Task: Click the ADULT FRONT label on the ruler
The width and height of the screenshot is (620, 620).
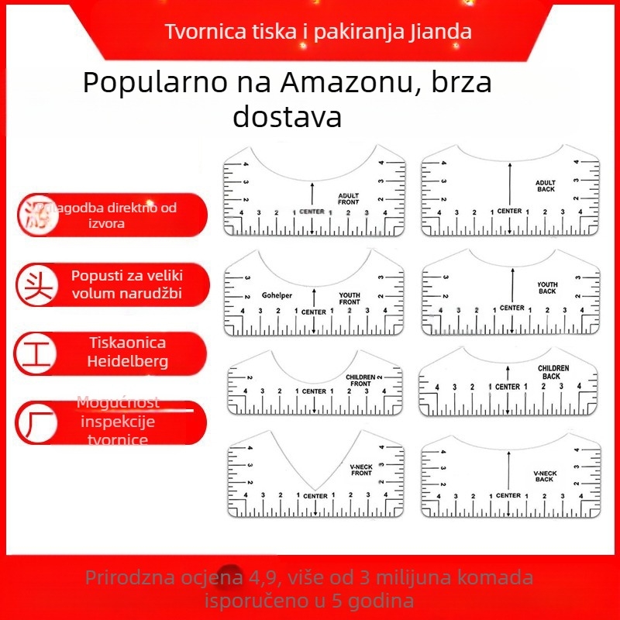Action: (349, 198)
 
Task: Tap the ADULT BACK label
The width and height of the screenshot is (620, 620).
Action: (546, 186)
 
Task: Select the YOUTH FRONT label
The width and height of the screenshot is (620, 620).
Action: (350, 298)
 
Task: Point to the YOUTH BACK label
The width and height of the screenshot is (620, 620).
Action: (547, 288)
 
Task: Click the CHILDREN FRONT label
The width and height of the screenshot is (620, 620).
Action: (360, 381)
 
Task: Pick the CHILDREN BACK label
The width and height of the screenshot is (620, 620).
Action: (553, 372)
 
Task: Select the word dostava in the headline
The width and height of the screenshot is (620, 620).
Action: (287, 118)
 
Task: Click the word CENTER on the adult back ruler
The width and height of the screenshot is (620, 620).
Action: (509, 211)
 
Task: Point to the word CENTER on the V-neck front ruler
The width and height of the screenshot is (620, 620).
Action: (315, 496)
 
